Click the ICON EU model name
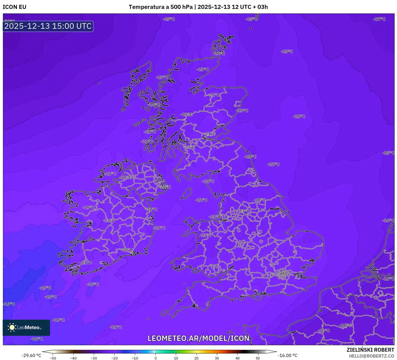click(15, 7)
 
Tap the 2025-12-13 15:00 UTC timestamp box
click(48, 26)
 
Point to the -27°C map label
click(379, 19)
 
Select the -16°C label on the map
click(9, 304)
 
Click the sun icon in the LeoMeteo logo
click(12, 327)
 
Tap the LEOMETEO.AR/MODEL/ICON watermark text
click(198, 338)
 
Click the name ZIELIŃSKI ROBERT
click(370, 350)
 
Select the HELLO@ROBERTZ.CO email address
click(371, 356)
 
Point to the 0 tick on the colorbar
click(156, 358)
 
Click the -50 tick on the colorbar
click(53, 358)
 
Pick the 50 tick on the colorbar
click(258, 358)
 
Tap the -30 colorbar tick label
click(94, 358)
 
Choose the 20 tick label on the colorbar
click(196, 358)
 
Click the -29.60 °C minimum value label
click(31, 355)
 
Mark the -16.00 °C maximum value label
click(288, 355)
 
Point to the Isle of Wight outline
click(257, 296)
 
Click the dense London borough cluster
click(283, 274)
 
